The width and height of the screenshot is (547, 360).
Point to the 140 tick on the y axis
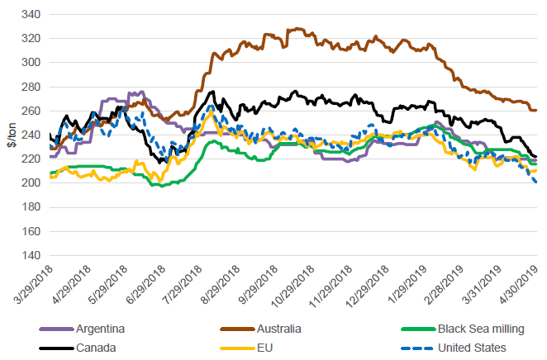pyautogui.click(x=31, y=255)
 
